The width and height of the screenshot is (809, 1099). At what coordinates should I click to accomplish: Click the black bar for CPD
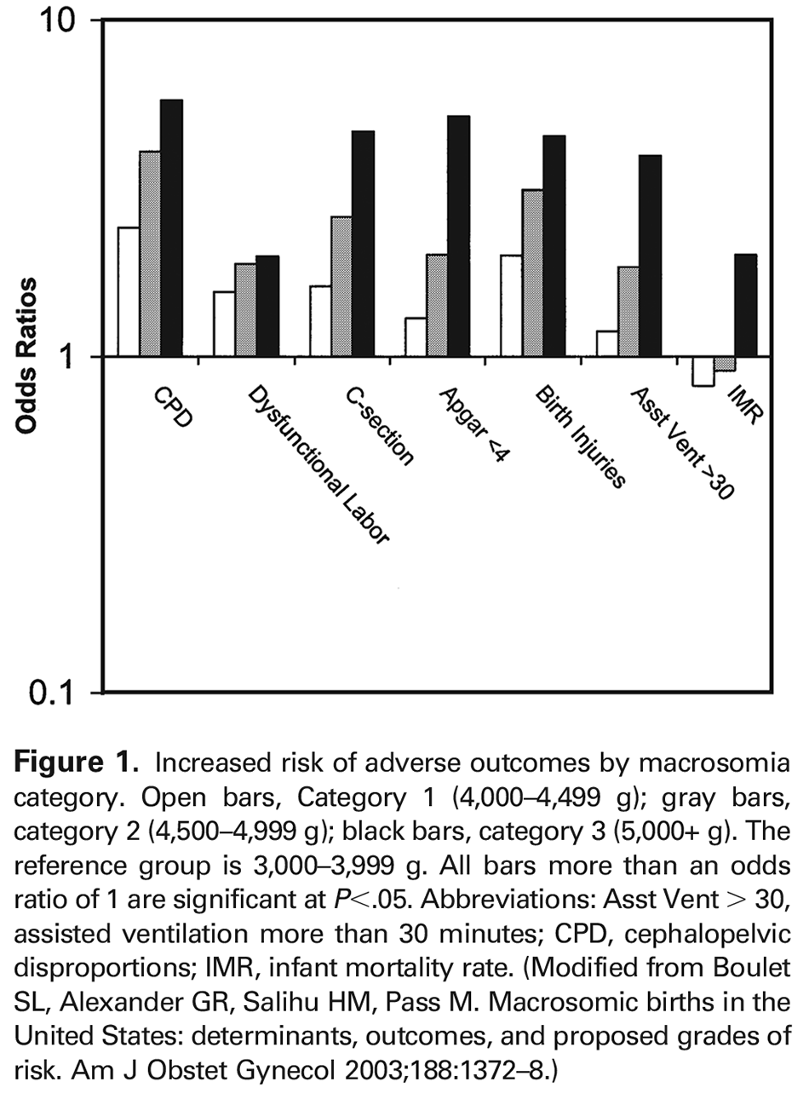[171, 227]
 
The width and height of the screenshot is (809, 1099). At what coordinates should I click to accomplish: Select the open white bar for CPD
[129, 291]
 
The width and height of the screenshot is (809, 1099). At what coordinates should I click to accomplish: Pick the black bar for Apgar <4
[458, 236]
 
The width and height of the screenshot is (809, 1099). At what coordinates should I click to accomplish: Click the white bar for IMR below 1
[703, 371]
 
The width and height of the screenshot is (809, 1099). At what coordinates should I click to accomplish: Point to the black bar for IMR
[745, 305]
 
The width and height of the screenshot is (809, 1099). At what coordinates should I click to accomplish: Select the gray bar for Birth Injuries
[533, 273]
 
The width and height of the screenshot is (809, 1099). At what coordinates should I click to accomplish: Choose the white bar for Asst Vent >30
[607, 343]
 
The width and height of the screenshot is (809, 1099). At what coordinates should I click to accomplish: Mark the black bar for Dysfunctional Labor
[267, 306]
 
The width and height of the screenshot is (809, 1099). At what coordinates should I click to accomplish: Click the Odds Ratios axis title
[27, 356]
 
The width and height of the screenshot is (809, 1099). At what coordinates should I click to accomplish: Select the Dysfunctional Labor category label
[318, 465]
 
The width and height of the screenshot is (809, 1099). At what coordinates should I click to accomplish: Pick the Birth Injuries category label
[580, 437]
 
